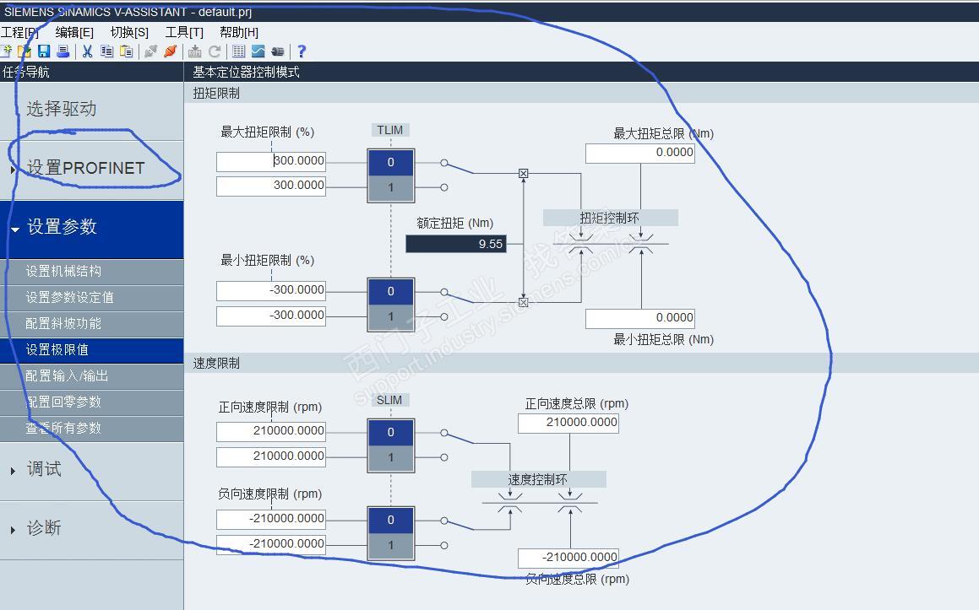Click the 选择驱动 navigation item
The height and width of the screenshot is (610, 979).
coord(62,109)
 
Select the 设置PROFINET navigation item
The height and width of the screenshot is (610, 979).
coord(85,168)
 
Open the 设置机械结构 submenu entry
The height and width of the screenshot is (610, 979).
coord(63,271)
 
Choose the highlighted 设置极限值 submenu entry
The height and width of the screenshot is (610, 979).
coord(57,349)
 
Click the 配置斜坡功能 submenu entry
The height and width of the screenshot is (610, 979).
coord(63,323)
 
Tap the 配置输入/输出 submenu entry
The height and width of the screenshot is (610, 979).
coord(67,375)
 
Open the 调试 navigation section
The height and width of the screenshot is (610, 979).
coord(44,469)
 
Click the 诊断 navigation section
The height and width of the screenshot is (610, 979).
coord(44,528)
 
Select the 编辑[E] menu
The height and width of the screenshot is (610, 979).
coord(74,32)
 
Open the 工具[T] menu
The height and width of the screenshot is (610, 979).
coord(184,32)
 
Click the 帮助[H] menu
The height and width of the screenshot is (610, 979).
coord(239,32)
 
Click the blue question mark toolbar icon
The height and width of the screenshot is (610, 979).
coord(302,51)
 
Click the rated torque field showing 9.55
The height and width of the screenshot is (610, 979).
coord(456,244)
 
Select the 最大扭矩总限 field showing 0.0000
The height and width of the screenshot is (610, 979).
coord(639,153)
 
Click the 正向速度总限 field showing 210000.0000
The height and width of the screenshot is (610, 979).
coord(568,423)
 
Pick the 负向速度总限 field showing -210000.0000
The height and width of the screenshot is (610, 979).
coord(568,558)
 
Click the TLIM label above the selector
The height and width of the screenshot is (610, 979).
coord(390,130)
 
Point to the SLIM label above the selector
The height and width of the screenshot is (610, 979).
coord(389,400)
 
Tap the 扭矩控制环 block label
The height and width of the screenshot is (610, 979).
coord(610,218)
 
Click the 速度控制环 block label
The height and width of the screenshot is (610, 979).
coord(538,479)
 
